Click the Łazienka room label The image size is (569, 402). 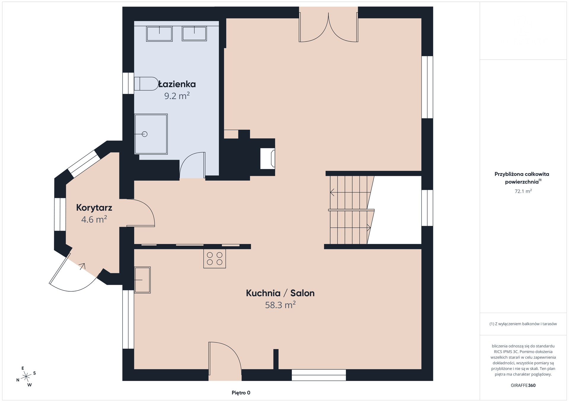[x=177, y=84]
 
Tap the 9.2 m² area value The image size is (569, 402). [x=177, y=96]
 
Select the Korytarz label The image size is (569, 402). [x=94, y=208]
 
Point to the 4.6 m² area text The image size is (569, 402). [x=94, y=219]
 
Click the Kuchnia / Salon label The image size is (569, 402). [x=280, y=293]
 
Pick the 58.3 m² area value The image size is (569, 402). [x=280, y=305]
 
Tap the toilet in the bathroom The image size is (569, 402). [x=146, y=84]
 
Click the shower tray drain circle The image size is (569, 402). [x=145, y=134]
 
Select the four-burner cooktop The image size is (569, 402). [x=215, y=258]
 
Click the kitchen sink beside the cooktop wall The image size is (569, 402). [x=143, y=280]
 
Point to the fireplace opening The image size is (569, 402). [x=268, y=158]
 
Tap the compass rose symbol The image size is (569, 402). [x=26, y=377]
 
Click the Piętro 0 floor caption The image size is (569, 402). [x=241, y=393]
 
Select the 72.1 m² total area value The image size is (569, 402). [x=523, y=191]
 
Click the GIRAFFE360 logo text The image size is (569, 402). [x=523, y=385]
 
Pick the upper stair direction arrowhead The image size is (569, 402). [x=332, y=192]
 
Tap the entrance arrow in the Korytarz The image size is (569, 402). [x=82, y=266]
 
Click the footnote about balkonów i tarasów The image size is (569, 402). [x=523, y=324]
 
